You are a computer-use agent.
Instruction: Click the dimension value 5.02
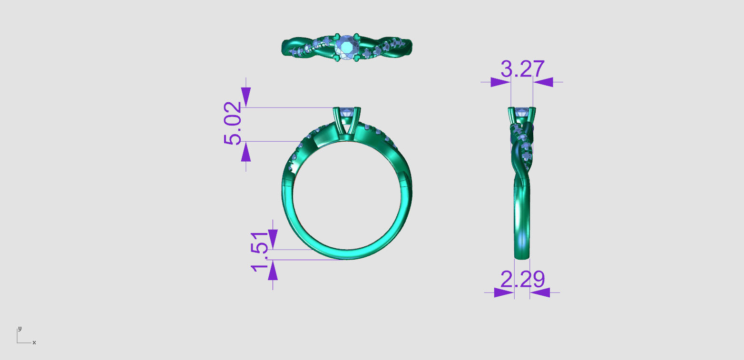point(233,124)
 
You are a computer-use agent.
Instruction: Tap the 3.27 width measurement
point(522,69)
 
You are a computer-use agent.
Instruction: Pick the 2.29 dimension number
point(522,280)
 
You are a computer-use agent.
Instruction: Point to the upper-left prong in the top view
point(336,36)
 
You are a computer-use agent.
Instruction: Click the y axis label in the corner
point(20,329)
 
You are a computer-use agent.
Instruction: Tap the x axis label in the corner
point(34,342)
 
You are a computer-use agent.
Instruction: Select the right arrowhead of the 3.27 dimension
point(543,82)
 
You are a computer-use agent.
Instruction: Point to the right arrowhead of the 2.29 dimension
point(540,292)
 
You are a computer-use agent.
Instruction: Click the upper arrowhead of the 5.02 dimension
point(245,97)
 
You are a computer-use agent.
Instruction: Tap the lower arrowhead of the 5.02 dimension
point(245,152)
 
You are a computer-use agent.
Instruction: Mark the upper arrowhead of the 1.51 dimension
point(273,238)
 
